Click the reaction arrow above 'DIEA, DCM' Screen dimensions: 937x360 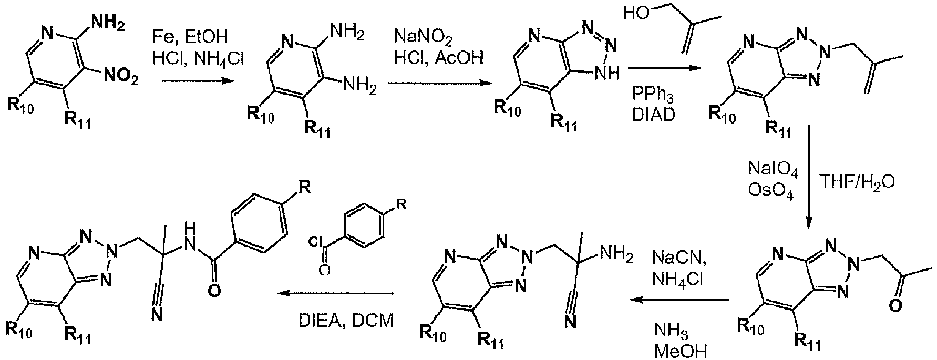tap(336, 294)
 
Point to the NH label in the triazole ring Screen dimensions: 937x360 tap(610, 74)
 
